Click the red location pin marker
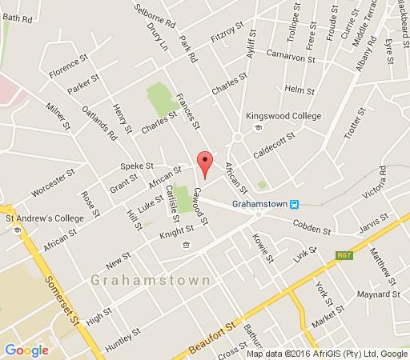pyautogui.click(x=205, y=163)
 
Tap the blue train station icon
pyautogui.click(x=295, y=204)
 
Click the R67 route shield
pyautogui.click(x=344, y=256)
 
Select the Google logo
pyautogui.click(x=26, y=350)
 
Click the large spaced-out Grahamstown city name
pyautogui.click(x=151, y=281)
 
